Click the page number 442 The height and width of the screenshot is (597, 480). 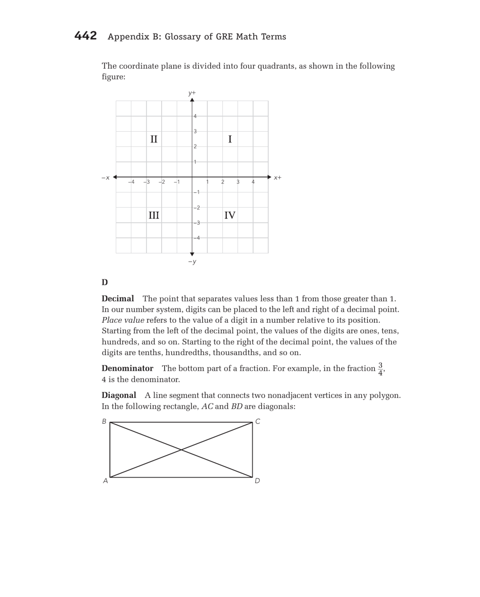(85, 36)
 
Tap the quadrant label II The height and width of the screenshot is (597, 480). (154, 139)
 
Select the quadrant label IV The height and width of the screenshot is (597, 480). (230, 216)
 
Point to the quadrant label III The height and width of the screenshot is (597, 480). (154, 216)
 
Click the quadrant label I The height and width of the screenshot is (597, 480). (230, 139)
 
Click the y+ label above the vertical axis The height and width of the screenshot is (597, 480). (192, 93)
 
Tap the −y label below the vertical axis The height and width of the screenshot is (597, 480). (192, 262)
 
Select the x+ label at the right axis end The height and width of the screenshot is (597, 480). (277, 178)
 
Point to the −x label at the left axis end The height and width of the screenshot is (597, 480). (105, 178)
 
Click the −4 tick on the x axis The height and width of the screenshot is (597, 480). (131, 182)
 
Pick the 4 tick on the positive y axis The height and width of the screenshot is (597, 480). (196, 116)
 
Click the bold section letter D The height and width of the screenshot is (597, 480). (105, 282)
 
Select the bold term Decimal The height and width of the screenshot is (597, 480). (118, 298)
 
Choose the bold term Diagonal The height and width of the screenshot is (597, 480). (119, 395)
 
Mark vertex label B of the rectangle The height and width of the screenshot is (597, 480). (104, 421)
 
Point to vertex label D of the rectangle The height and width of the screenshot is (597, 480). (257, 481)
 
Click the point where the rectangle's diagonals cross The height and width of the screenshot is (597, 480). (181, 450)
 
